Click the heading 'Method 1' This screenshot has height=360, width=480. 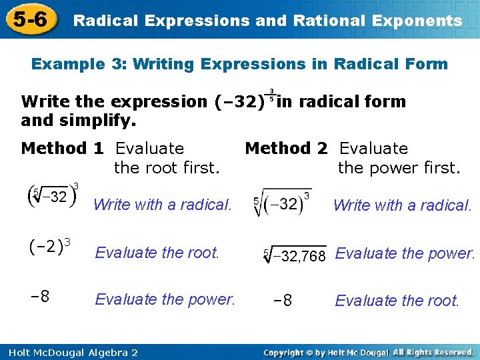pos(63,148)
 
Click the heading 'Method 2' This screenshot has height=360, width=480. pos(287,148)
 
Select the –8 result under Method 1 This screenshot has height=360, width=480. pos(41,297)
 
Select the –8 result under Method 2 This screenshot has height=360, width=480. pos(283,301)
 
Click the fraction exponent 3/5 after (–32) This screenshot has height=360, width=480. pos(271,95)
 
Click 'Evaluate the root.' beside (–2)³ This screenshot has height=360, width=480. pos(157,253)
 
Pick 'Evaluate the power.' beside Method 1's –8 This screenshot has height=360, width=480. pos(165,299)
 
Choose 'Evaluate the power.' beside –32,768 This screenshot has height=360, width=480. pos(405,253)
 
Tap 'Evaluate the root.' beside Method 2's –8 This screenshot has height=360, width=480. pos(397,301)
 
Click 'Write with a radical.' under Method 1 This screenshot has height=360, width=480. pos(163,205)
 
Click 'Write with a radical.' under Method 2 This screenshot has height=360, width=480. pos(402,205)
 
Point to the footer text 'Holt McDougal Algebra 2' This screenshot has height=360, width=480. pos(69,352)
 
